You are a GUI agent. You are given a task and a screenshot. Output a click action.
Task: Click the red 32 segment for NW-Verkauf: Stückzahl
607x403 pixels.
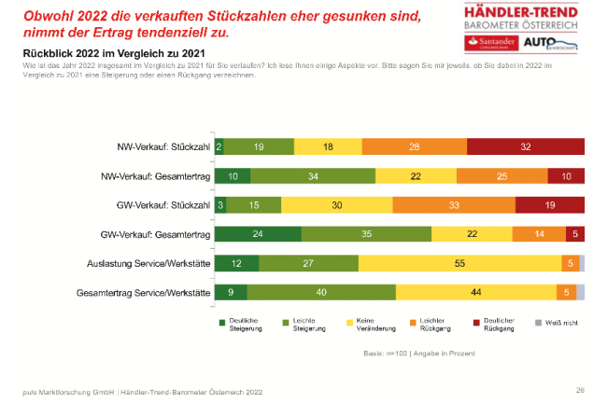point(525,146)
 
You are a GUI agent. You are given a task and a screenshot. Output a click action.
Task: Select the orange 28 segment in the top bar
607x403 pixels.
point(414,146)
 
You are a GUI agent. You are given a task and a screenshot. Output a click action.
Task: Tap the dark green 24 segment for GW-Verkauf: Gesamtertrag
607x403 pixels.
point(258,234)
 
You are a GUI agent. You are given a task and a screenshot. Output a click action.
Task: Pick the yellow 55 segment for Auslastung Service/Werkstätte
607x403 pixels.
point(459,264)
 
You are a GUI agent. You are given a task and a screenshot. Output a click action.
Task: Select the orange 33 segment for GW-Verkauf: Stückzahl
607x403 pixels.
point(453,205)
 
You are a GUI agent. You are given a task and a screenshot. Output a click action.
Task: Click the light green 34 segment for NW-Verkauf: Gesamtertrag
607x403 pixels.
point(313,176)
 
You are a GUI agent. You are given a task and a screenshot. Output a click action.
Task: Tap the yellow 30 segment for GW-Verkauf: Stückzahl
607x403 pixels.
point(336,205)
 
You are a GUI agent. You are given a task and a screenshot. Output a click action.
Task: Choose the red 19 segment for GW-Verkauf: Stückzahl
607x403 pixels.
point(549,205)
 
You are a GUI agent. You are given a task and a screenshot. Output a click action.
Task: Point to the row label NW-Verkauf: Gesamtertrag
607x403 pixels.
point(155,176)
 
